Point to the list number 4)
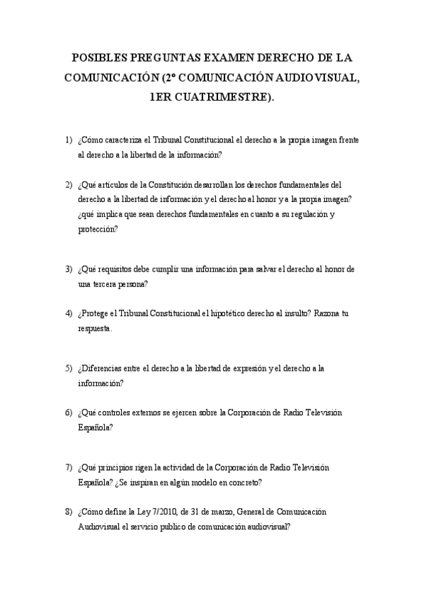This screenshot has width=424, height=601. [x=69, y=313]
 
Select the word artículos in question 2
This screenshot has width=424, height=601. [x=115, y=184]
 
